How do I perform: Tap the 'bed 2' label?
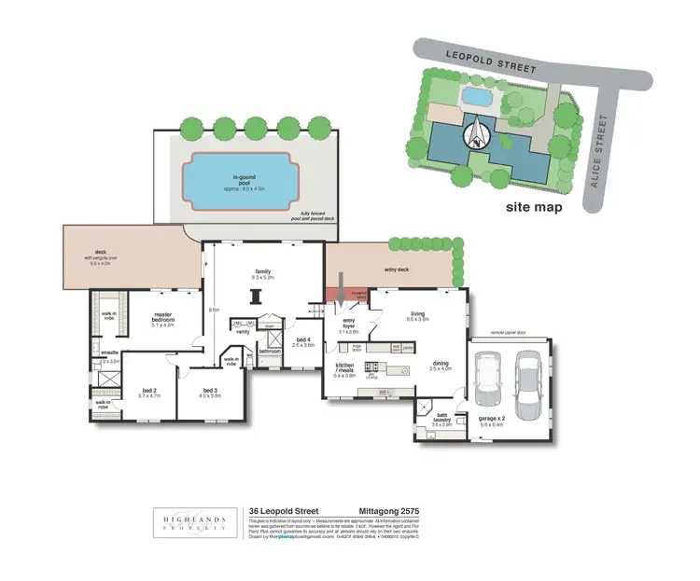click(x=150, y=392)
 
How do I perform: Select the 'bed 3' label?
click(x=209, y=392)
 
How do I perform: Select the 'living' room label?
click(x=416, y=315)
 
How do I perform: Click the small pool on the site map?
click(x=476, y=96)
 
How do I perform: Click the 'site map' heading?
click(x=533, y=207)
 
